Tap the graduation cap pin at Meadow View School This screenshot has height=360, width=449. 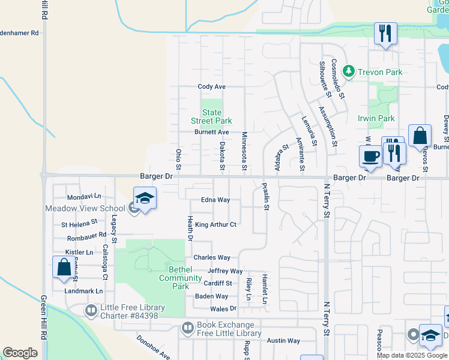[x=145, y=199]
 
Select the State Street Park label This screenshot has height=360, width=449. [x=211, y=116]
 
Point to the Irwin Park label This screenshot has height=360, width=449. [x=376, y=118]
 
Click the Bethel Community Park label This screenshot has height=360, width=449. [x=180, y=278]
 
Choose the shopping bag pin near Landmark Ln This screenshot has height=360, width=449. [x=64, y=268]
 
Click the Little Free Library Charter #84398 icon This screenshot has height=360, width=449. [x=91, y=310]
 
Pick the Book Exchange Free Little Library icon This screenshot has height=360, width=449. [x=187, y=328]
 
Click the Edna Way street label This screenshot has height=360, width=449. [x=215, y=200]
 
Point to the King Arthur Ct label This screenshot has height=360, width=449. [x=216, y=225]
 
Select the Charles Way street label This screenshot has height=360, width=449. [x=212, y=258]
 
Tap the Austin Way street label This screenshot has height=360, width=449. [x=284, y=341]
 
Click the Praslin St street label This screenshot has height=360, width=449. [x=265, y=197]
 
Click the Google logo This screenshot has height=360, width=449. [x=20, y=353]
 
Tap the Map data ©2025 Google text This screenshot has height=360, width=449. [x=412, y=355]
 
